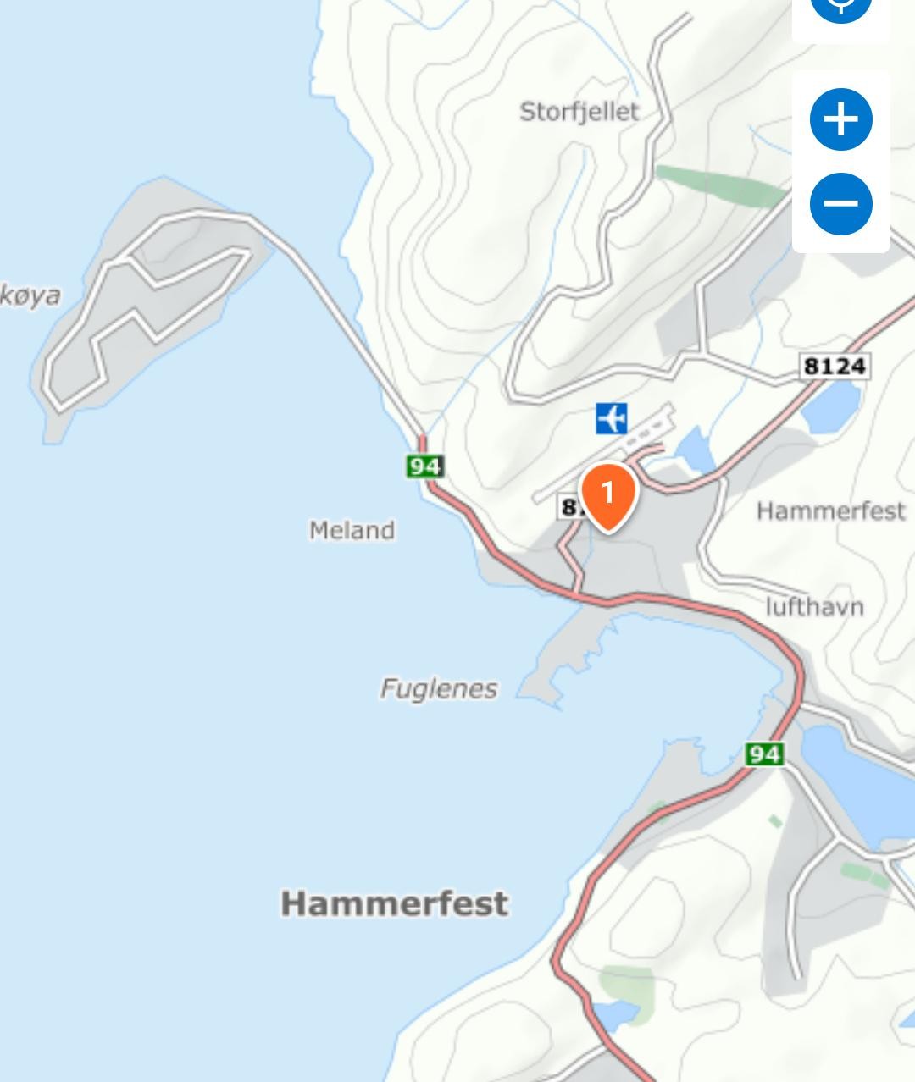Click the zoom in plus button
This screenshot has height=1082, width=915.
(840, 119)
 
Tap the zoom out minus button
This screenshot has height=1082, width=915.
(840, 203)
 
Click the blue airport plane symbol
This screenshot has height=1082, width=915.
(611, 418)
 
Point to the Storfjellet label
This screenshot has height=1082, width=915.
(579, 112)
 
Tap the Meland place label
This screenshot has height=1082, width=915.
(352, 531)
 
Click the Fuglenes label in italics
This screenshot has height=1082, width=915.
(438, 688)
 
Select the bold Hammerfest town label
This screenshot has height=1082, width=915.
(395, 903)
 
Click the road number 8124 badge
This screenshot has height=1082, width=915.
(835, 366)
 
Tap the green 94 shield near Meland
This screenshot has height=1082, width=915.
(424, 466)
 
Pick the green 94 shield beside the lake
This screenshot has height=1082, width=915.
(763, 753)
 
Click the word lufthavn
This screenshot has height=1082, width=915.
(814, 607)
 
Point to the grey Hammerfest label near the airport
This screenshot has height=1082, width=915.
(830, 511)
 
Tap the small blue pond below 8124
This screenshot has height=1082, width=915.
(832, 406)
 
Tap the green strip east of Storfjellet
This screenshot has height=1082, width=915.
(720, 186)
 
